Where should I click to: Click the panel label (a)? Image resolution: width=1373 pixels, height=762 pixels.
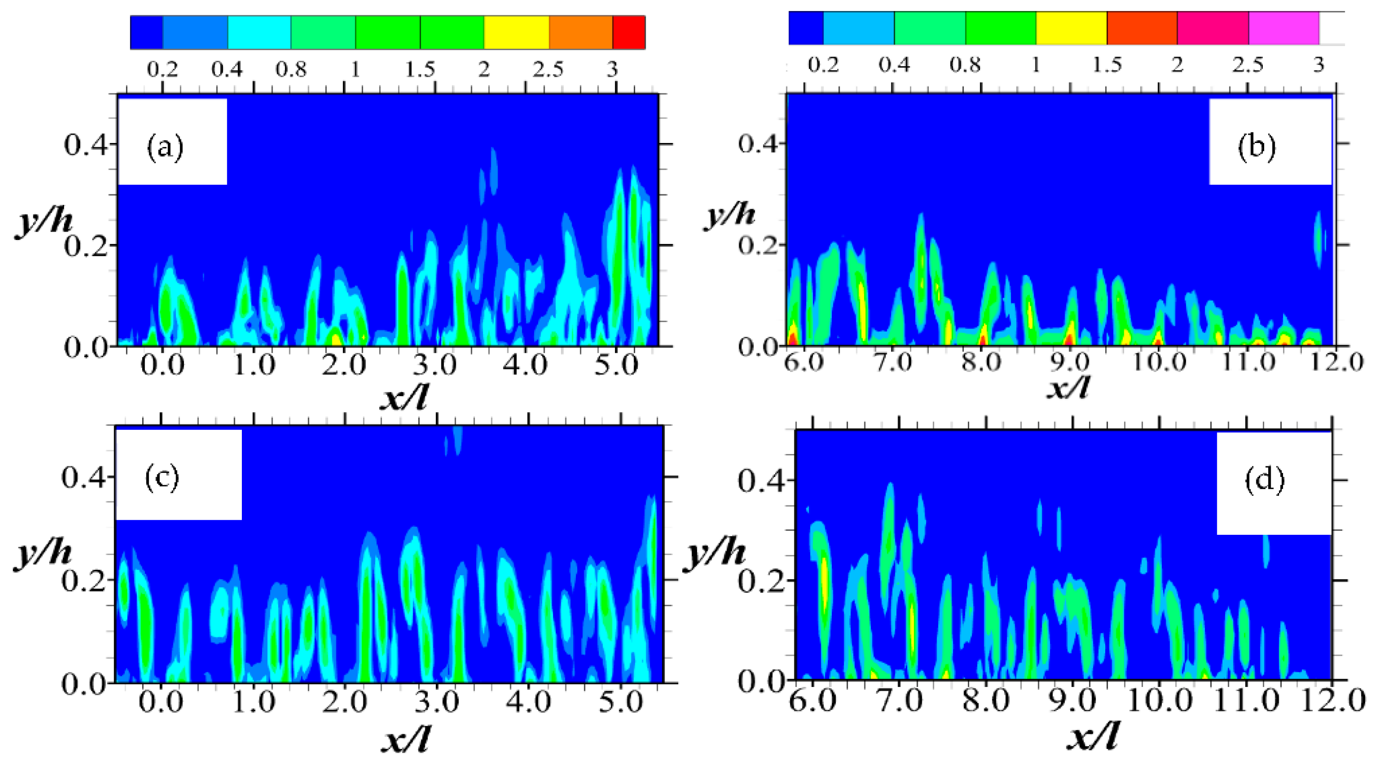click(x=165, y=147)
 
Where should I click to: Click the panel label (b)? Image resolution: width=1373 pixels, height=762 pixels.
click(x=1256, y=147)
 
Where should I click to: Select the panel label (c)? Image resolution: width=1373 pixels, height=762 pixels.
click(x=162, y=478)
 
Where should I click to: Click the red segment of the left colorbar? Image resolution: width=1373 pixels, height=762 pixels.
click(x=629, y=32)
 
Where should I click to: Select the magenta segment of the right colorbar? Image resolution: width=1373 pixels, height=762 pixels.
click(x=1283, y=27)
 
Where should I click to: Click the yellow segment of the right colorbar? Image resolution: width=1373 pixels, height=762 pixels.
click(x=1071, y=27)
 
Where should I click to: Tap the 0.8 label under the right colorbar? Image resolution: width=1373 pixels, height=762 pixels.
click(x=965, y=65)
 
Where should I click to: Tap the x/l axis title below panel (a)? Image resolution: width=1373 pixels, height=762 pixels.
click(x=403, y=397)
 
